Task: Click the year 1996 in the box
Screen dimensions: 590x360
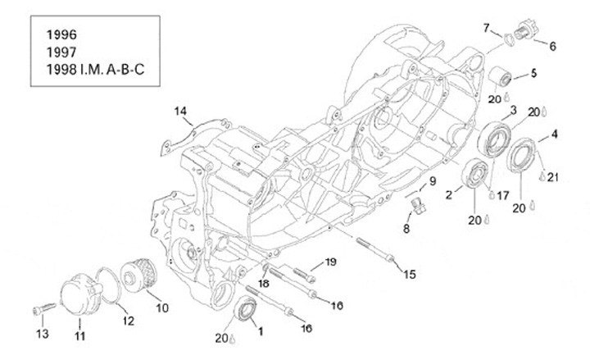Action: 61,34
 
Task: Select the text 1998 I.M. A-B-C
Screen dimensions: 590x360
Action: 95,70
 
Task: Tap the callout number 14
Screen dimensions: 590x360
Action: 180,111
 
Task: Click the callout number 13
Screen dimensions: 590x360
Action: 43,334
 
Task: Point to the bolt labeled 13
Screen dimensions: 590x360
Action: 44,308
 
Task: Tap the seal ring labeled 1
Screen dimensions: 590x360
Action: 246,308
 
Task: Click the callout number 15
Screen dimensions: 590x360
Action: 410,274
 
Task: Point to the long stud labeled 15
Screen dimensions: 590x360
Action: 375,249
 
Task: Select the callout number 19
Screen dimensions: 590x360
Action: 331,262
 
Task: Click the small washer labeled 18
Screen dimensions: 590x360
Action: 265,267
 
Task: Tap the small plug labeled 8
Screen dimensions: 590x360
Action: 419,206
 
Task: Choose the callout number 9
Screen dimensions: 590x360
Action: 433,181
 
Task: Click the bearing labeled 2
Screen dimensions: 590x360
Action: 474,173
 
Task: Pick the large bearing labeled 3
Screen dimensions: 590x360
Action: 494,139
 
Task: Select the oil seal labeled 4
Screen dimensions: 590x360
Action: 521,155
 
